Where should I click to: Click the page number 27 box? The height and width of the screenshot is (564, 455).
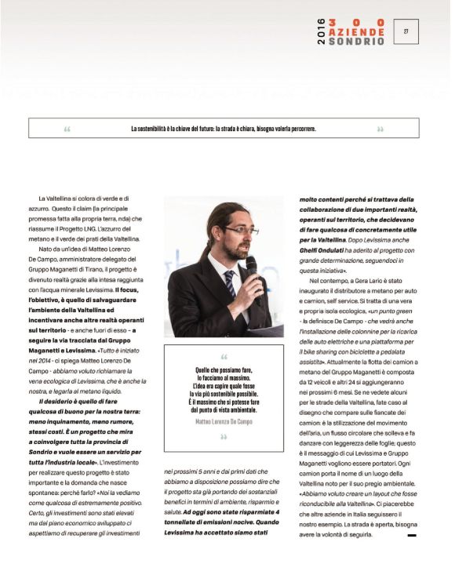pos(406,32)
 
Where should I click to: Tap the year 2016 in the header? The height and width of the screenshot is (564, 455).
pos(321,32)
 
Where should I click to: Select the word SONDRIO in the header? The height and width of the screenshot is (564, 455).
pos(357,41)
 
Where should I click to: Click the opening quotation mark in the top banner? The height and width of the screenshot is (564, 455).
pos(67,129)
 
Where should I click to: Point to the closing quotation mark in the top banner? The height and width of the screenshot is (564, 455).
pos(380,129)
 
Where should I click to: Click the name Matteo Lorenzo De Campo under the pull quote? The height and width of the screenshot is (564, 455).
pos(224,422)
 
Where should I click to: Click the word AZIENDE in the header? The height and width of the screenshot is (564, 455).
pos(357,32)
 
